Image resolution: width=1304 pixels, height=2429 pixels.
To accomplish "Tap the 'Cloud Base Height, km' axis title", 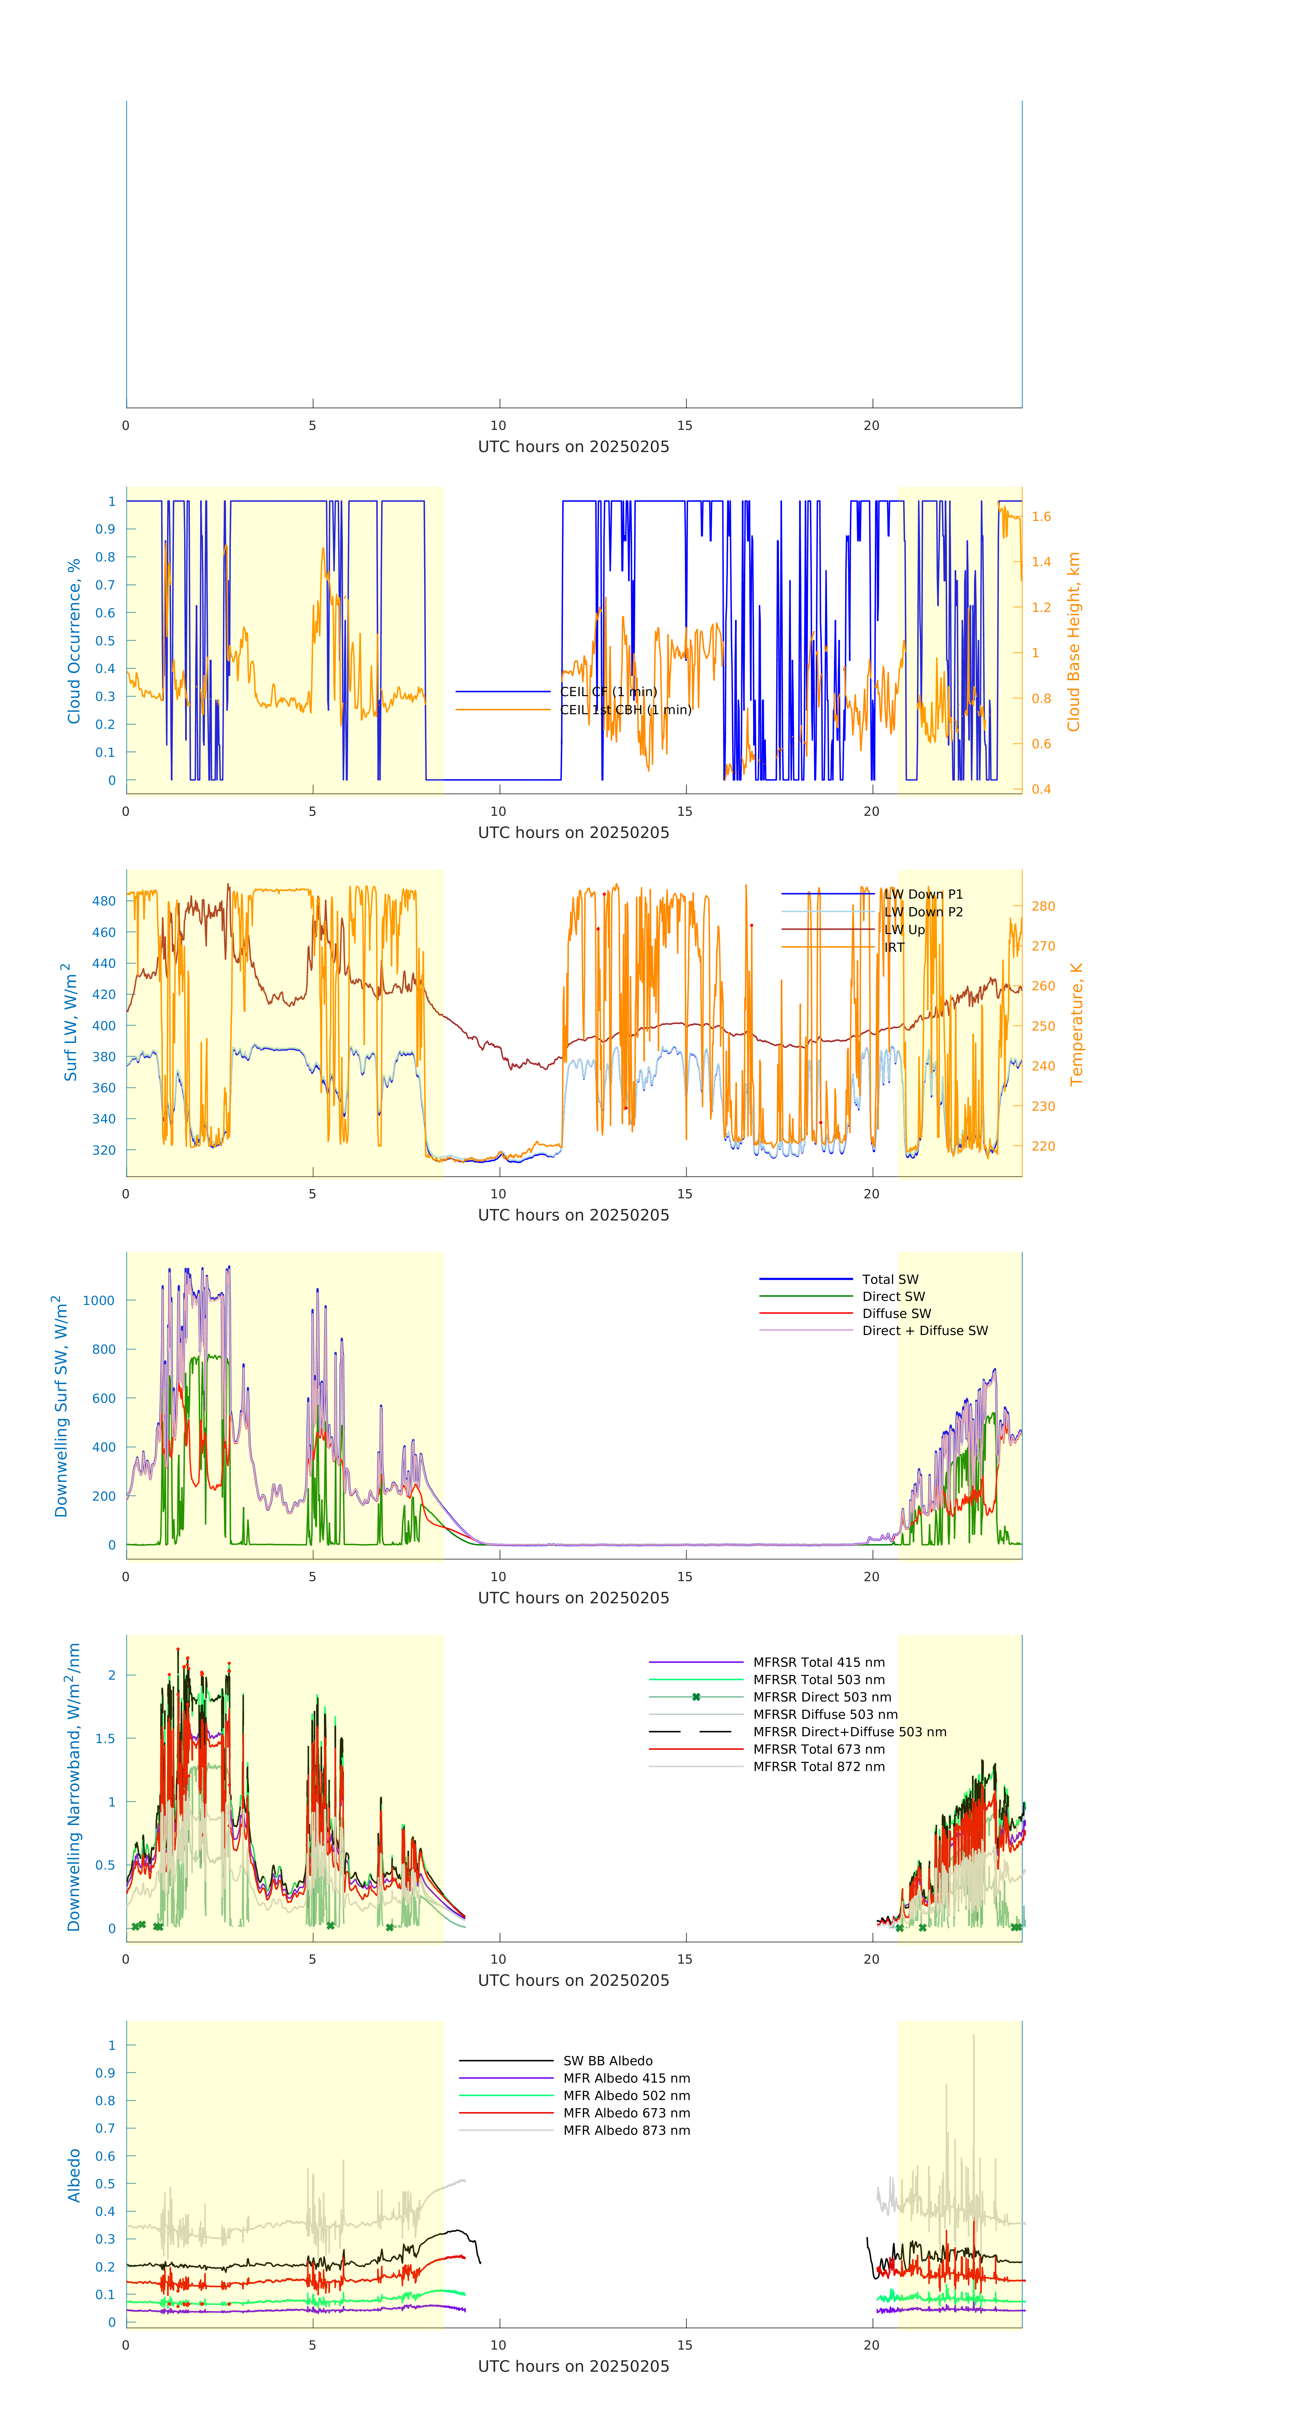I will pyautogui.click(x=1073, y=641).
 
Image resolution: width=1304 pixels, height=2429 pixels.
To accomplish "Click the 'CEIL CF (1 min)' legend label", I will pyautogui.click(x=608, y=691).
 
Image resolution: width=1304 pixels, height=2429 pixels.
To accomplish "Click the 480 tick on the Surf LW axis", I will pyautogui.click(x=104, y=900).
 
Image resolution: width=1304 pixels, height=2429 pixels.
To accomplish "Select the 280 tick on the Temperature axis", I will pyautogui.click(x=1043, y=906).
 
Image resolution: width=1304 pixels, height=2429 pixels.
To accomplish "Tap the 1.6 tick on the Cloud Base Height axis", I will pyautogui.click(x=1041, y=517).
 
